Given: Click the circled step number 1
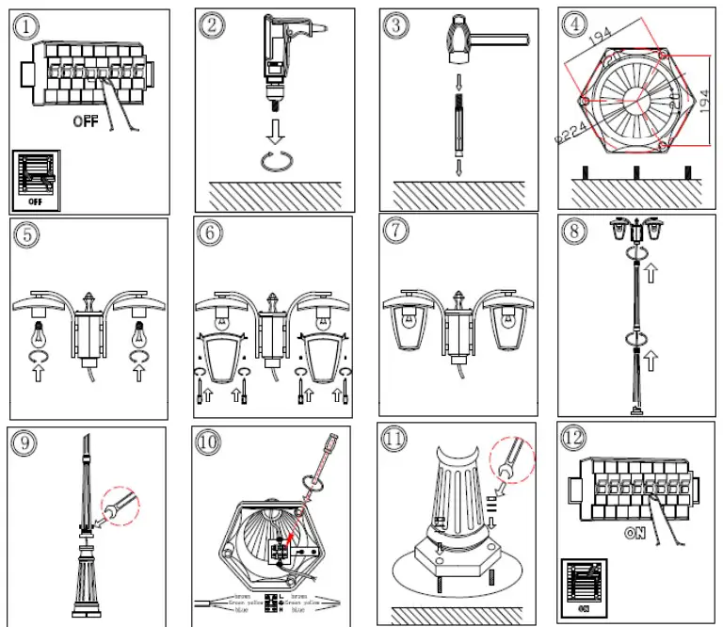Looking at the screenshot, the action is click(x=26, y=26).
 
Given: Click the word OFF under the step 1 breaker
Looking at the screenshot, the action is click(x=86, y=121).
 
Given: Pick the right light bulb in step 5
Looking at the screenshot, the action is click(x=140, y=334).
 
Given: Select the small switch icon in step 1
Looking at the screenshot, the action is click(x=36, y=180).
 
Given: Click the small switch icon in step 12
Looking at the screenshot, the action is click(x=584, y=588).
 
